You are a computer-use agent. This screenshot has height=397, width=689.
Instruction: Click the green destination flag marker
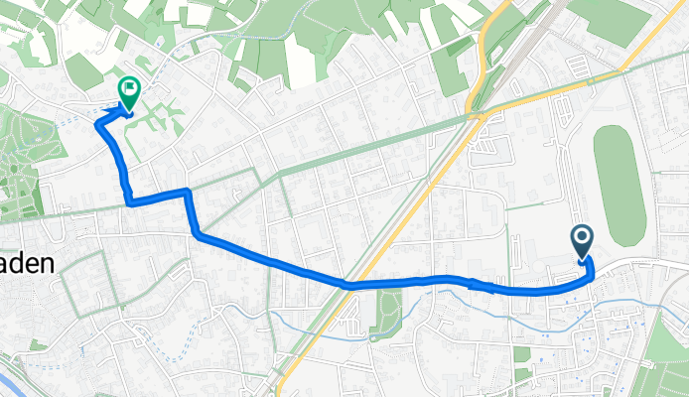(x=129, y=89)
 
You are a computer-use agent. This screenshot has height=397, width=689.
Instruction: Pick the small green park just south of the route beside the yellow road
(x=390, y=307)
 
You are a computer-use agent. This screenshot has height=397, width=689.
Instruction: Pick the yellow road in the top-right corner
(x=645, y=40)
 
